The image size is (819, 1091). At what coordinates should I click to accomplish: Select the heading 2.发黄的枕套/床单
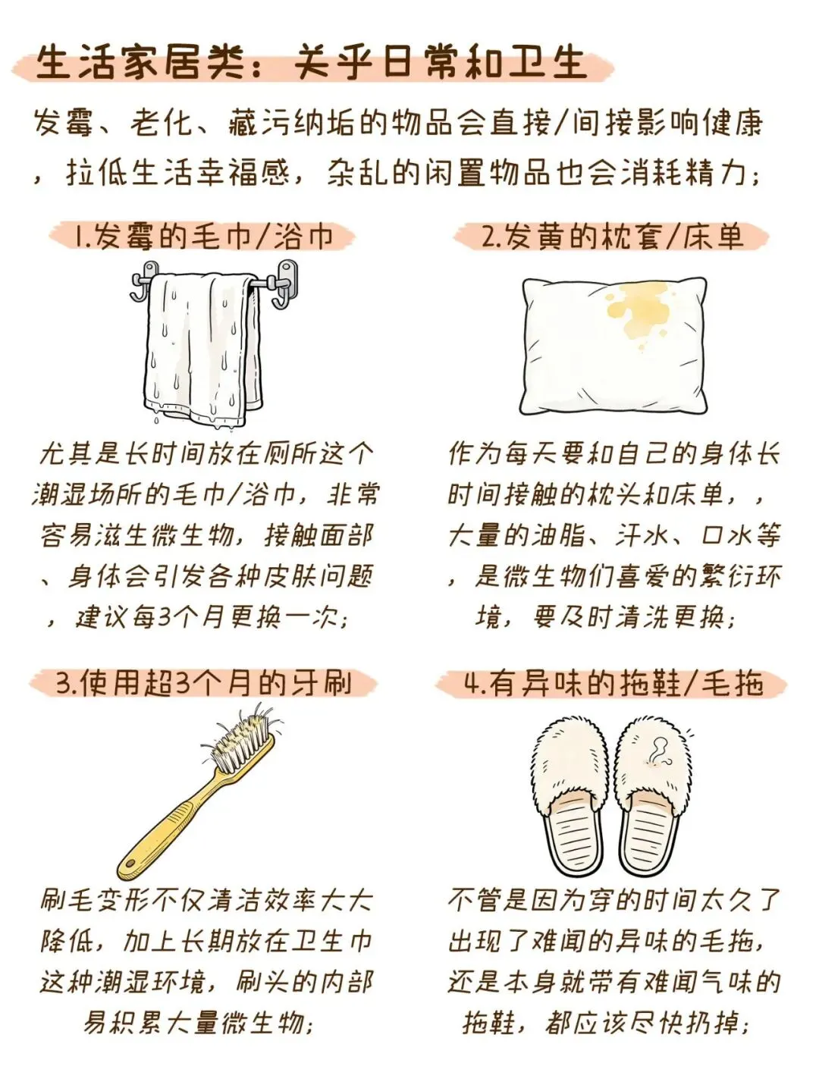coord(612,237)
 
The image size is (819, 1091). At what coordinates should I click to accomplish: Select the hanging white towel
coord(204,348)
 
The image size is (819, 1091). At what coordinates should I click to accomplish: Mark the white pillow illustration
coord(613,346)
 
